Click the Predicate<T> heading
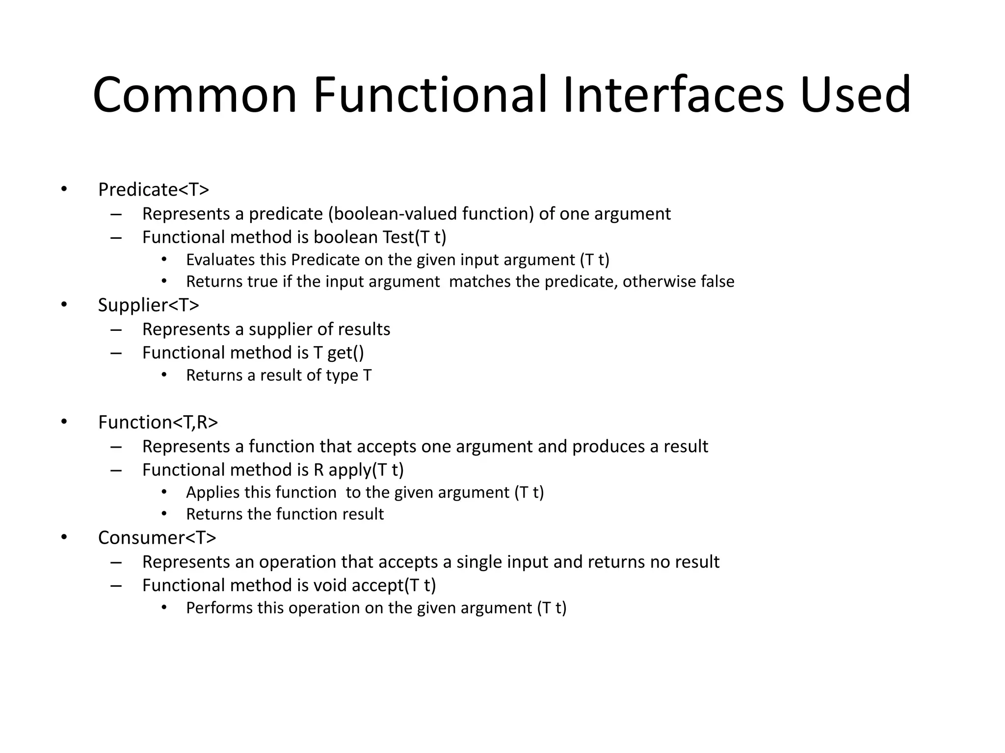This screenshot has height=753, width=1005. point(154,190)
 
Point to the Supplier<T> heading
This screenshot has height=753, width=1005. point(149,305)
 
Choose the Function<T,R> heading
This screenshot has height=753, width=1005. point(158,422)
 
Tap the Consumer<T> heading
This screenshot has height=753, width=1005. point(157,538)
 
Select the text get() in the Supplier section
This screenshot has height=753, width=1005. point(345,353)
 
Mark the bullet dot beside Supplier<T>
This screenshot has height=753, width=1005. point(64,305)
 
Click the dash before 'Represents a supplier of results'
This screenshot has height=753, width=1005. point(116,329)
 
